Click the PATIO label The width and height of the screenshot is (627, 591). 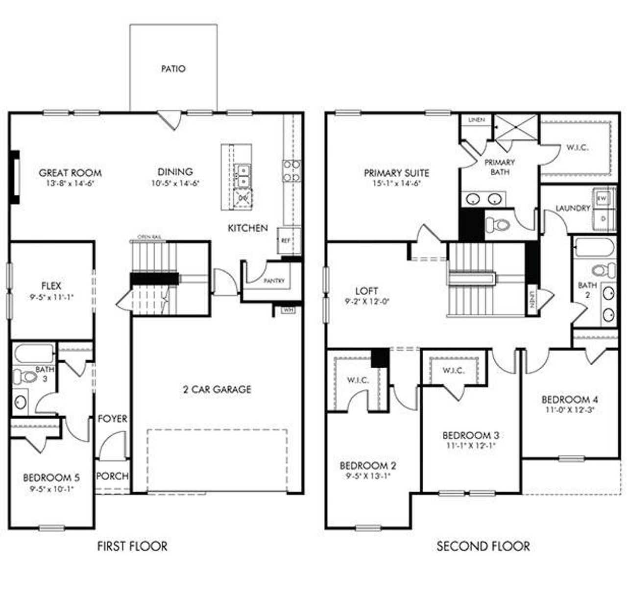point(173,69)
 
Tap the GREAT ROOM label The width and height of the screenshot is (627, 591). point(70,172)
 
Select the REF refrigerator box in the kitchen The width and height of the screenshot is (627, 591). point(286,240)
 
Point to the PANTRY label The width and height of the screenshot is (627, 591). point(274,281)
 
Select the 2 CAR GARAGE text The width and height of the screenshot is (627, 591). point(217,389)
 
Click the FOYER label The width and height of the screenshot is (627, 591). point(112,419)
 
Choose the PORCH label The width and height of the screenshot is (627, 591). point(112,476)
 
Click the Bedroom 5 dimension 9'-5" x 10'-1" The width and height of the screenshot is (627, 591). point(51,488)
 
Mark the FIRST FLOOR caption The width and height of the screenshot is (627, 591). point(132,545)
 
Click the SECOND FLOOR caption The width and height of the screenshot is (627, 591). point(483,545)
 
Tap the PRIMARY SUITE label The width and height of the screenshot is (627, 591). point(396,173)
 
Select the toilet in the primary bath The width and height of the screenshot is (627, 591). point(499,225)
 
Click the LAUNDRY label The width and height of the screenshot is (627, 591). point(573,208)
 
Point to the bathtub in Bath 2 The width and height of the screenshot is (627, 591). point(594,247)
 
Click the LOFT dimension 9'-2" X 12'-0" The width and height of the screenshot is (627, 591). point(367,302)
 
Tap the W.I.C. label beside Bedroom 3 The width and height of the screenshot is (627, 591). point(454,371)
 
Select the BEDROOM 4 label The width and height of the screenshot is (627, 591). point(569,399)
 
